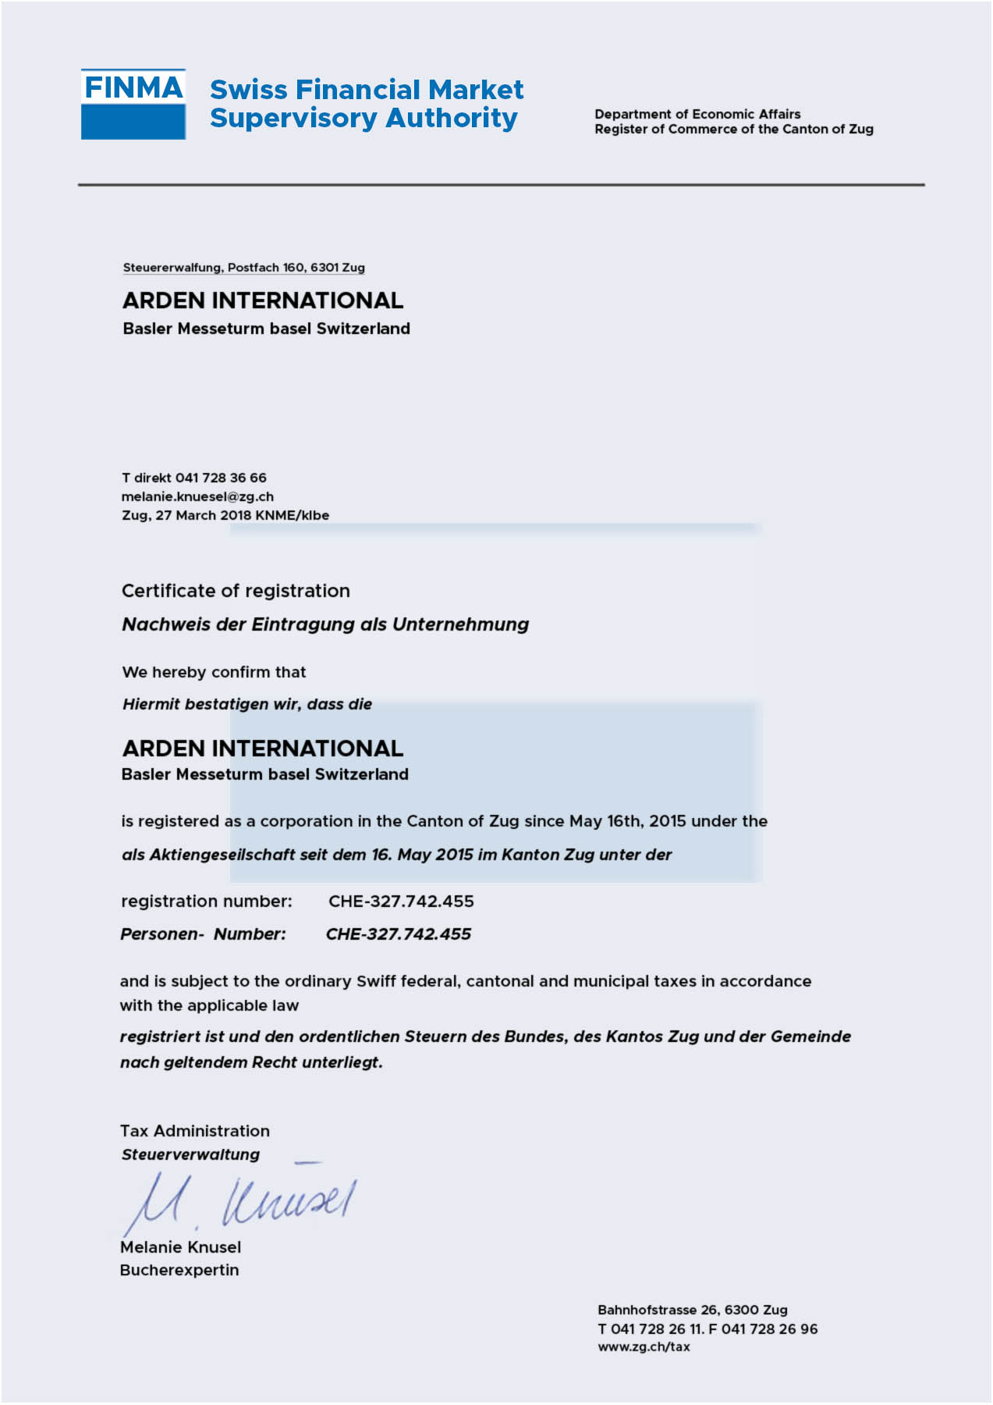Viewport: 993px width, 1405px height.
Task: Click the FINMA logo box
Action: tap(133, 104)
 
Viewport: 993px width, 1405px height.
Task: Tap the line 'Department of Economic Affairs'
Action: tap(697, 114)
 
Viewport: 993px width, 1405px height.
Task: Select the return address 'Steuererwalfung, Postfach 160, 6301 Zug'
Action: tap(243, 268)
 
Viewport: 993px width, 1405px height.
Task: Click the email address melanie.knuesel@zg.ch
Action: tap(197, 496)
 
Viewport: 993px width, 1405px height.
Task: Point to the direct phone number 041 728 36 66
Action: tap(221, 478)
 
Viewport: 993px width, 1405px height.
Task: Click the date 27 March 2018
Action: tap(203, 515)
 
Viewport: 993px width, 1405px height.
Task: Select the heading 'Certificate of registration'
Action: tap(236, 591)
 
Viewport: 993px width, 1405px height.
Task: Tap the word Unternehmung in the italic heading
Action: tap(460, 624)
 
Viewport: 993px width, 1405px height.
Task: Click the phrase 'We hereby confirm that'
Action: tap(214, 672)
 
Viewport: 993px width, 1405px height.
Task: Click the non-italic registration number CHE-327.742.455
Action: tap(401, 902)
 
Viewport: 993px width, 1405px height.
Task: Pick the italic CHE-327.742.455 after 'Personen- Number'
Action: tap(399, 934)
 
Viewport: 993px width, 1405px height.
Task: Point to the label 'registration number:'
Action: tap(207, 902)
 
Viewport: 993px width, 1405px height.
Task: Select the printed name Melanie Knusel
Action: tap(180, 1247)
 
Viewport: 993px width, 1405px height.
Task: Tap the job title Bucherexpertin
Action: tap(179, 1270)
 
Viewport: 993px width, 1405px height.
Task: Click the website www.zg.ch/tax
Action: tap(644, 1346)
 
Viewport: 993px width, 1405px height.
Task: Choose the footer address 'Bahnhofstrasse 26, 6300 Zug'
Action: tap(692, 1310)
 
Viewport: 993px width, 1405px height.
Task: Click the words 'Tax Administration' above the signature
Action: tap(195, 1131)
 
